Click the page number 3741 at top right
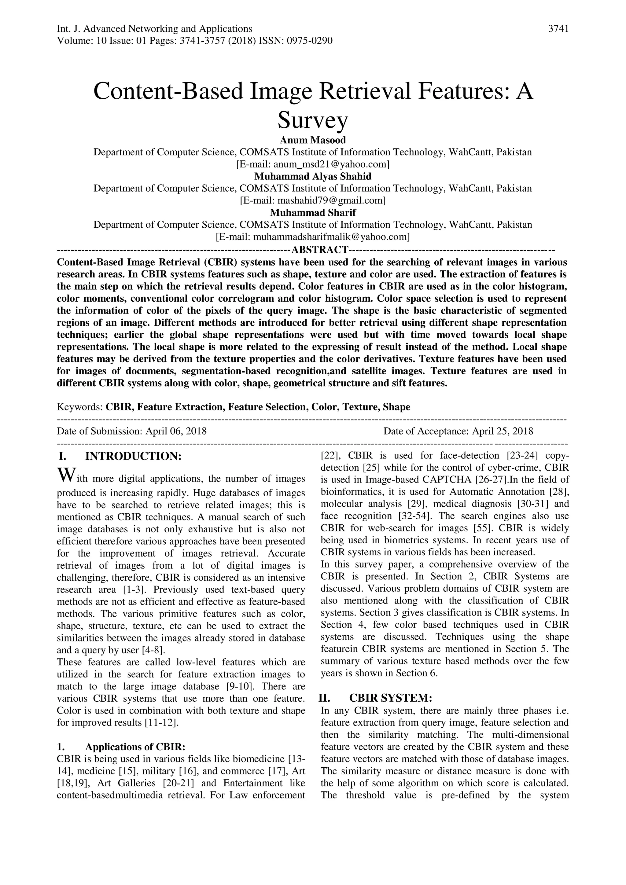coord(558,29)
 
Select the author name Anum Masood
coord(313,140)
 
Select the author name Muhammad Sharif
coord(313,212)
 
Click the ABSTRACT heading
coord(320,250)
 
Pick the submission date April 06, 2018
coord(176,431)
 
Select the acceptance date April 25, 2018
coord(503,431)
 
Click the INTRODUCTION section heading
coord(133,456)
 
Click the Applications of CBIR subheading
coord(135,747)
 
